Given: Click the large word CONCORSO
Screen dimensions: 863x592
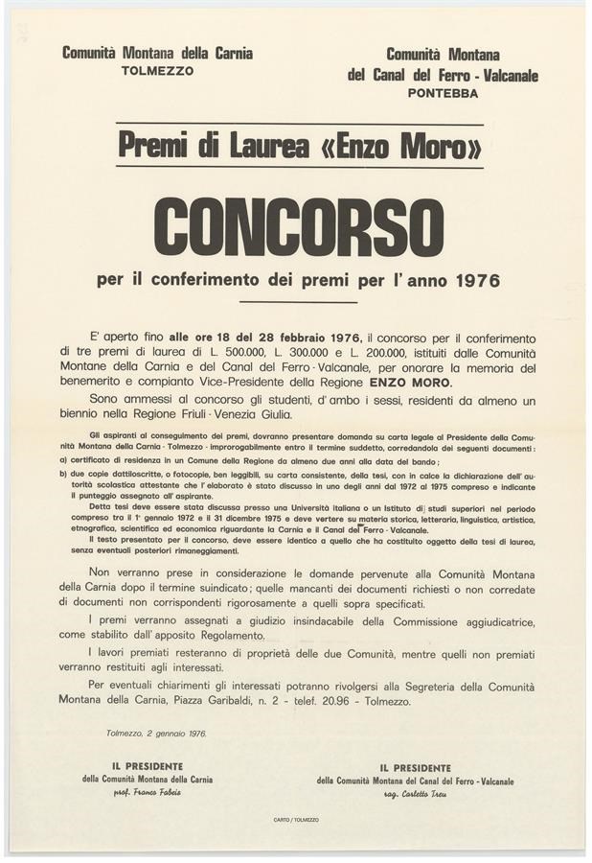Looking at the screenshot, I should click(298, 226).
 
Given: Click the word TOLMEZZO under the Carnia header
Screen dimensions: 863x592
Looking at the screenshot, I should click(158, 72).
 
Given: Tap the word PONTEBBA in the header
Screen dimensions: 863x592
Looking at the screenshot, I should click(442, 93).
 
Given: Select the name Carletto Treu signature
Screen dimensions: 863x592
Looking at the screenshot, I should click(415, 795).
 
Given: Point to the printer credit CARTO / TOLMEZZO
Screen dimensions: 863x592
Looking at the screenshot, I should click(296, 820).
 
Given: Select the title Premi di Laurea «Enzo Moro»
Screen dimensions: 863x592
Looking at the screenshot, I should click(299, 148).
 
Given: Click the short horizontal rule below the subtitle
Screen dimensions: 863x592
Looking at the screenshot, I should click(298, 303).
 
